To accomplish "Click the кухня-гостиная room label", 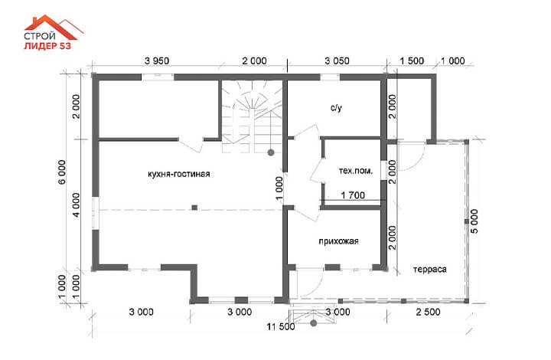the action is click(x=179, y=174).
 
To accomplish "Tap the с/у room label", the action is click(x=336, y=107).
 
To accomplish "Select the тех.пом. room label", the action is click(x=355, y=171).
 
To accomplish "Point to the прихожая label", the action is click(x=338, y=241).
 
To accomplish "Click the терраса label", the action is click(x=430, y=270).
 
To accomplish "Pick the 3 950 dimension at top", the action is click(x=157, y=61).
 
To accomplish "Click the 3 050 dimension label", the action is click(x=337, y=61).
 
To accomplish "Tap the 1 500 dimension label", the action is click(x=412, y=61).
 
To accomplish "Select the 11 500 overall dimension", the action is click(x=281, y=326).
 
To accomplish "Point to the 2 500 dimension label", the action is click(x=428, y=312).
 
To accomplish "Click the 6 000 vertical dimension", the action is click(x=62, y=172).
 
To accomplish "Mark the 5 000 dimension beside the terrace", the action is click(x=474, y=221).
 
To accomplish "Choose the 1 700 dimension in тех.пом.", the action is click(x=353, y=195).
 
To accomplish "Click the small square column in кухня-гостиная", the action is click(x=194, y=208).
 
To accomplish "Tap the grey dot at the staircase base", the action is click(x=271, y=152).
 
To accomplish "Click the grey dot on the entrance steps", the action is click(x=314, y=322).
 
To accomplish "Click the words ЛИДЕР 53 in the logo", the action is click(x=47, y=46).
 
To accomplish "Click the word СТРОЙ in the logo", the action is click(x=40, y=36).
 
